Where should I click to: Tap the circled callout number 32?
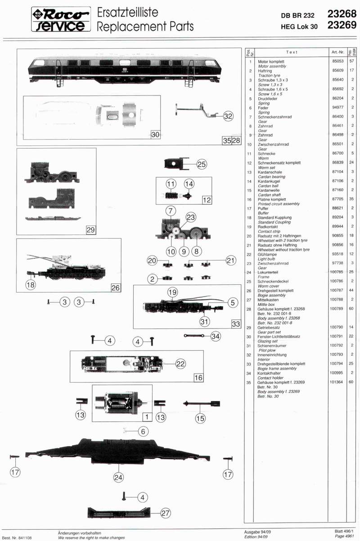229,116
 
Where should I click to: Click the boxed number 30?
155,134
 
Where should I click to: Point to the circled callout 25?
201,164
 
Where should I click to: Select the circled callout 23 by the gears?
190,217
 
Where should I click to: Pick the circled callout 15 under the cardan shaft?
200,418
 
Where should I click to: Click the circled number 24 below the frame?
118,477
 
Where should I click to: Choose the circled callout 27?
166,513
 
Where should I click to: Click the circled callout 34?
216,336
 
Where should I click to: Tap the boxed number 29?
90,230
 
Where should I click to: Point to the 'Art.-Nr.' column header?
337,52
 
